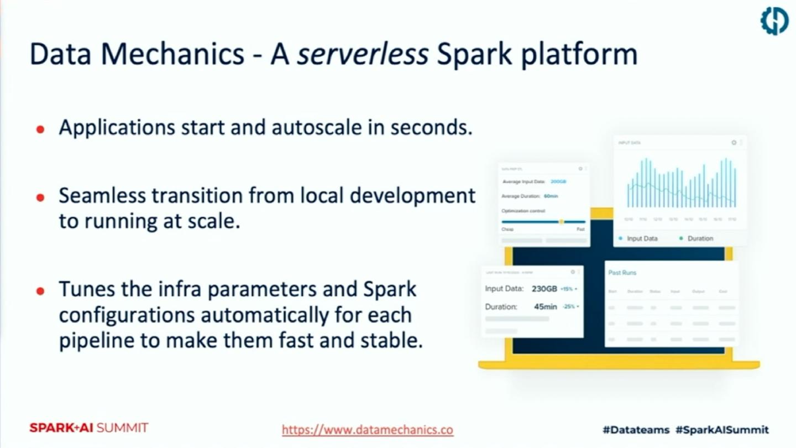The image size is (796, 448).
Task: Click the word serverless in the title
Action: [362, 54]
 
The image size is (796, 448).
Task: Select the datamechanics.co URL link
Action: [368, 430]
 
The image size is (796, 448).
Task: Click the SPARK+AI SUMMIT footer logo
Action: [89, 428]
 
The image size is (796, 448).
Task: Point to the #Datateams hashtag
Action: [636, 430]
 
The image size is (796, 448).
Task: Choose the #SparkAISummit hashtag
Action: [722, 430]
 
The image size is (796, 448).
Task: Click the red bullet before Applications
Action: [40, 129]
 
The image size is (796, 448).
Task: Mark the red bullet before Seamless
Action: [40, 197]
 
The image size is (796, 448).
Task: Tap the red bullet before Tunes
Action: [40, 290]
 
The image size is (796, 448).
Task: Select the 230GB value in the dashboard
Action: [544, 289]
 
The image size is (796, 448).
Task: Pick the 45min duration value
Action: [546, 306]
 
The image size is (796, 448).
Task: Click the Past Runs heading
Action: [622, 273]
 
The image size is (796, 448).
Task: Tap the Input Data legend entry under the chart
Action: [642, 238]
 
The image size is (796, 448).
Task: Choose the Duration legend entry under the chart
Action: [700, 238]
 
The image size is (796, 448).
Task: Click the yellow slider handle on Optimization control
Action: [562, 222]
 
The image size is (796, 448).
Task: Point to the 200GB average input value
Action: [558, 181]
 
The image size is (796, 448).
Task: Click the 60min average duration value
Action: [551, 196]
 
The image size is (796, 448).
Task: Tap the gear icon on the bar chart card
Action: [734, 143]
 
